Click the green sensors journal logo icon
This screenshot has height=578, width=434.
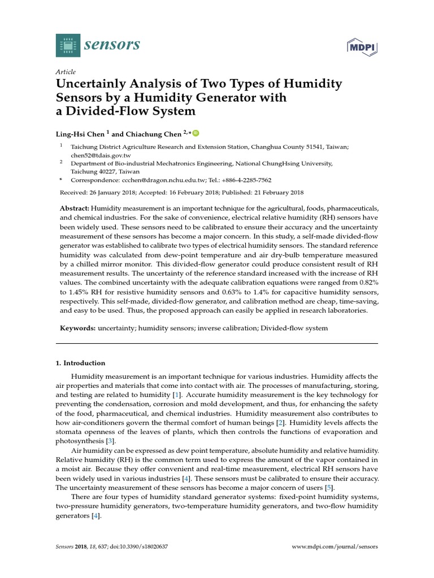[68, 45]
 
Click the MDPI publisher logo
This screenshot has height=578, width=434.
[362, 48]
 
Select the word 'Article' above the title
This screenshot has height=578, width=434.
[66, 72]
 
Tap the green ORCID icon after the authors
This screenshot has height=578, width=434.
[196, 133]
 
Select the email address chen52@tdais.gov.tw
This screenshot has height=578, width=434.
[101, 155]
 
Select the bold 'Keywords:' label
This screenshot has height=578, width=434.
[78, 328]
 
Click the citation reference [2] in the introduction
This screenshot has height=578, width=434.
[280, 423]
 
